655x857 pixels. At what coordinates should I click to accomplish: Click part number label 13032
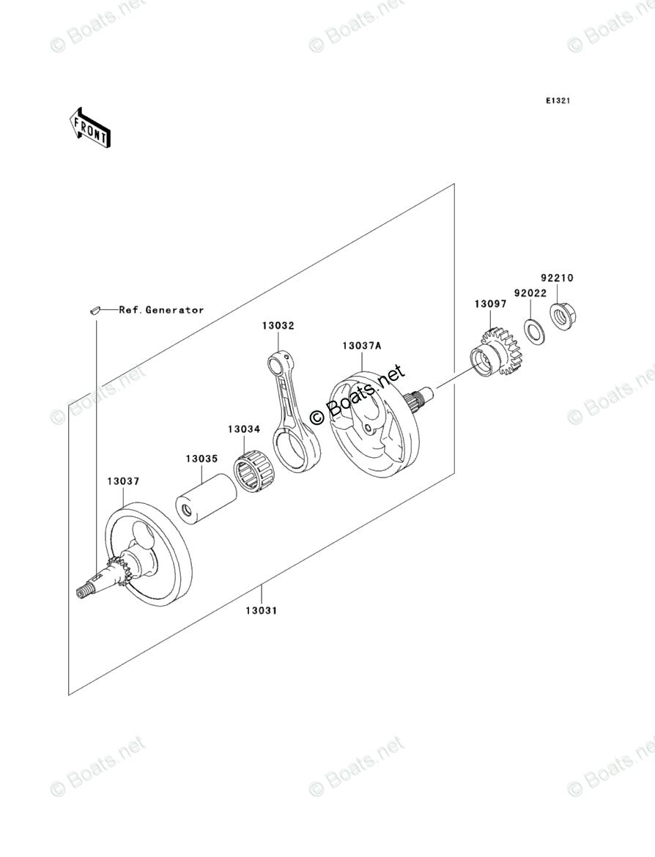[x=278, y=326]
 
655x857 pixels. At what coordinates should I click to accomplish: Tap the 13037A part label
[x=360, y=345]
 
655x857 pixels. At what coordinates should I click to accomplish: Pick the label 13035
[x=201, y=459]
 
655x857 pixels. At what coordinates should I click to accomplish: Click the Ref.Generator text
[x=161, y=310]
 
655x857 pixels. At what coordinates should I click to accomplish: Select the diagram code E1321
[x=557, y=100]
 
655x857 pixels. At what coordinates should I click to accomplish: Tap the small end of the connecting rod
[x=279, y=360]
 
